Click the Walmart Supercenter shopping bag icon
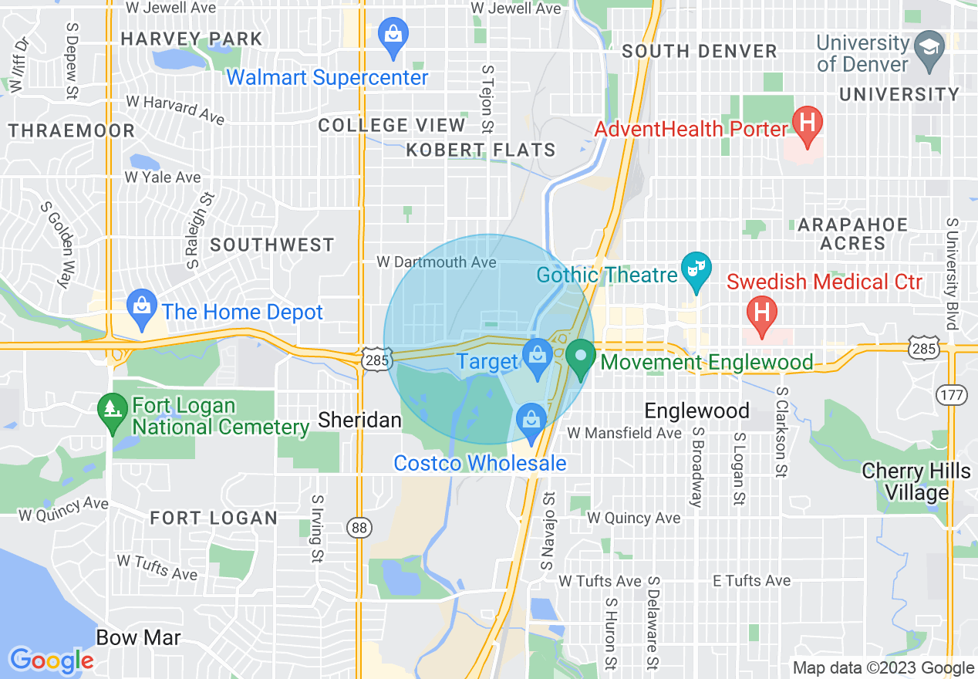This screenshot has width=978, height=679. pyautogui.click(x=393, y=36)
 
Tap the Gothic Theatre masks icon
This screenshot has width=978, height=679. pyautogui.click(x=696, y=271)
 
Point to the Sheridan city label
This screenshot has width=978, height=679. pyautogui.click(x=360, y=421)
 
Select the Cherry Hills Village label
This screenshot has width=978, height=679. pyautogui.click(x=916, y=481)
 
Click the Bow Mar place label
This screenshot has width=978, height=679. pyautogui.click(x=139, y=637)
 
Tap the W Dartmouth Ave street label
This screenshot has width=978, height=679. pyautogui.click(x=436, y=262)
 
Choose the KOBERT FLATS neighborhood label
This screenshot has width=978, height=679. pyautogui.click(x=481, y=150)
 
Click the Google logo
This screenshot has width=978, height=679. pyautogui.click(x=52, y=660)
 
